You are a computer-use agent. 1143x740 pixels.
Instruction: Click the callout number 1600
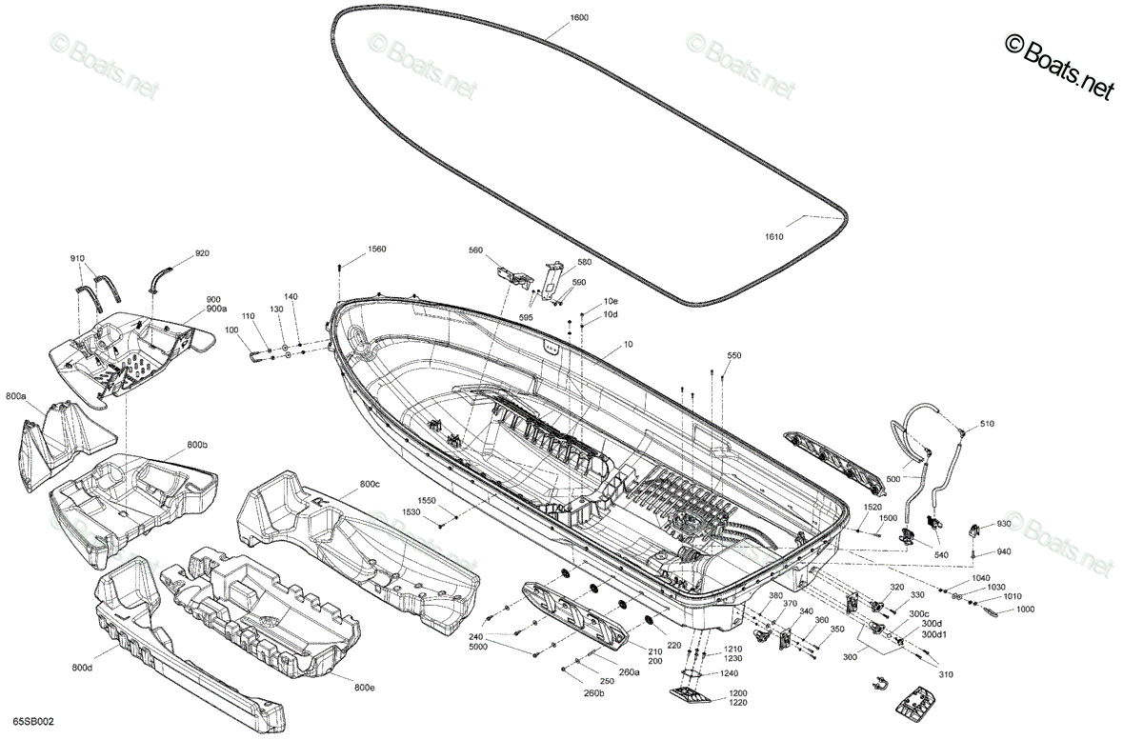pyautogui.click(x=579, y=18)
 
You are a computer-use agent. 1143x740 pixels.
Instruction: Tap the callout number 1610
pyautogui.click(x=774, y=237)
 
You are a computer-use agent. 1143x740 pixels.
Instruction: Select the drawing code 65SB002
pyautogui.click(x=33, y=722)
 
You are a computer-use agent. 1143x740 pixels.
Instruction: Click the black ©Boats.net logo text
pyautogui.click(x=1060, y=67)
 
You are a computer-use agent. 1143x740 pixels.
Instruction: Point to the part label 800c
pyautogui.click(x=370, y=484)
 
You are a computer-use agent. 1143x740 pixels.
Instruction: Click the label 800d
pyautogui.click(x=82, y=668)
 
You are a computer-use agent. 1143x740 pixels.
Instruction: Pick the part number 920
pyautogui.click(x=202, y=253)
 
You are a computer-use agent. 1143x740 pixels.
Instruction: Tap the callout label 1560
pyautogui.click(x=376, y=250)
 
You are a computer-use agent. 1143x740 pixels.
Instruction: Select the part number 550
pyautogui.click(x=733, y=355)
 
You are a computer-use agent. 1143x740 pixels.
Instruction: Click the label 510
pyautogui.click(x=987, y=424)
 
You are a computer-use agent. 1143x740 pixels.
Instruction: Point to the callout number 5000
pyautogui.click(x=478, y=647)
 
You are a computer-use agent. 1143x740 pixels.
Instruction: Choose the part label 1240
pyautogui.click(x=729, y=673)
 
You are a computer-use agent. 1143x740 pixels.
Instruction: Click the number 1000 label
pyautogui.click(x=1025, y=610)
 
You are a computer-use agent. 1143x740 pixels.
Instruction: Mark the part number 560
pyautogui.click(x=475, y=250)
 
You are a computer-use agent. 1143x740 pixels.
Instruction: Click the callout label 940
pyautogui.click(x=1003, y=551)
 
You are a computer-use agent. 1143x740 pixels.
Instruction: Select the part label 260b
pyautogui.click(x=594, y=693)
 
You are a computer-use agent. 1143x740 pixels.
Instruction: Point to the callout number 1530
pyautogui.click(x=411, y=511)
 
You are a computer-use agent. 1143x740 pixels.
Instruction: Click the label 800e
pyautogui.click(x=364, y=688)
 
